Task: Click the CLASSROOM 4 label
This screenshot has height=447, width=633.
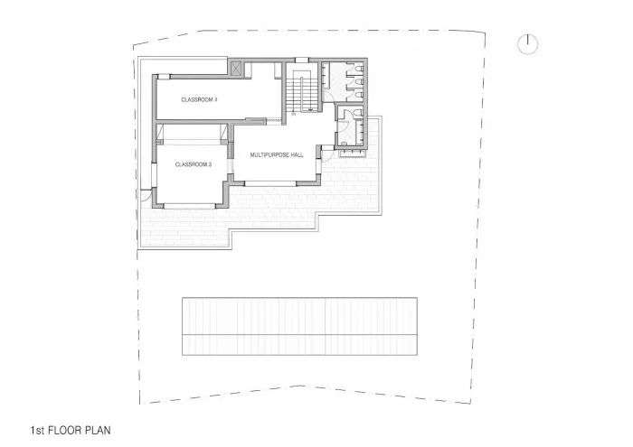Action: [199, 98]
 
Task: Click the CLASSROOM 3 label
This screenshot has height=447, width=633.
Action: [193, 164]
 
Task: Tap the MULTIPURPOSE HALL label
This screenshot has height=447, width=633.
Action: [277, 155]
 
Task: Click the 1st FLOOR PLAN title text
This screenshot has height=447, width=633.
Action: [71, 431]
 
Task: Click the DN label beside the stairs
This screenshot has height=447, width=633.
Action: [294, 115]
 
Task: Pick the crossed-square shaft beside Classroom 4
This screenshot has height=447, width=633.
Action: [238, 69]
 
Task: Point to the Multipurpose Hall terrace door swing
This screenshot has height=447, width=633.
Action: [326, 154]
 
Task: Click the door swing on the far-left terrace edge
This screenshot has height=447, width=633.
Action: [146, 193]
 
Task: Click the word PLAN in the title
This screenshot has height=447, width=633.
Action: [96, 431]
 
